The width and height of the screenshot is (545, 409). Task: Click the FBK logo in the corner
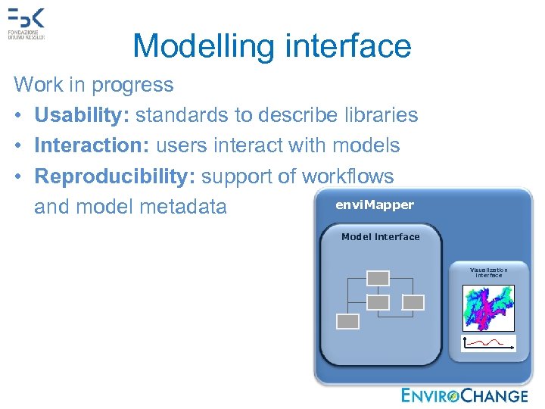26,23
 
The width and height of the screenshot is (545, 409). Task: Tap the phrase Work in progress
93,84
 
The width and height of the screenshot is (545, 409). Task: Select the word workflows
347,176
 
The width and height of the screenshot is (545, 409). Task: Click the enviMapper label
375,205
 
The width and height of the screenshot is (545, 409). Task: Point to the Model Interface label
380,237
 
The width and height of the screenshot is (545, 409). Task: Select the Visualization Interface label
488,273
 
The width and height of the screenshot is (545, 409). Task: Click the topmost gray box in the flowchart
377,278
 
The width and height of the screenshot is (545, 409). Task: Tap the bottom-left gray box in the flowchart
347,321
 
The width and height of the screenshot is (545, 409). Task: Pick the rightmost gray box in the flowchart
413,302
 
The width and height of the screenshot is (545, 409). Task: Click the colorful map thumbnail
488,307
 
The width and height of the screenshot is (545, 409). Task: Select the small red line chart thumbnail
488,343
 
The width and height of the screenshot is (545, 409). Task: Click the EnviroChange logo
464,395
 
